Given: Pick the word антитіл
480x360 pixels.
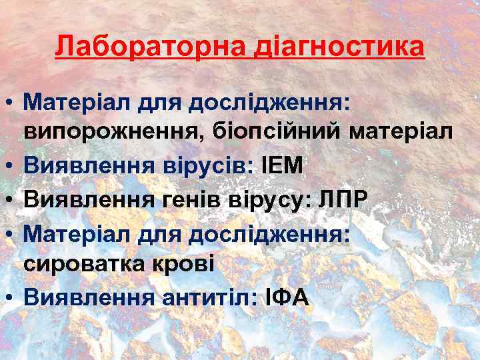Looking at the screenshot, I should [207, 297].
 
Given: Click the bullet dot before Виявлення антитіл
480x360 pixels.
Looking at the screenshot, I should [10, 297].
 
